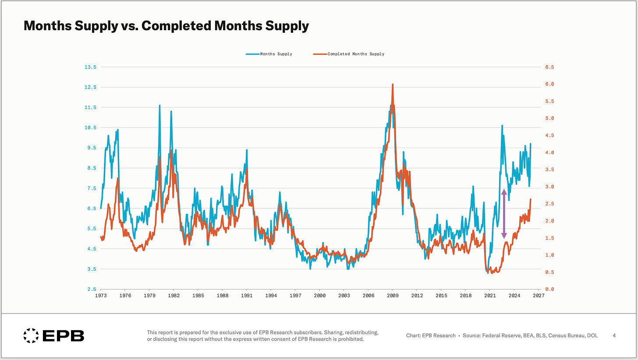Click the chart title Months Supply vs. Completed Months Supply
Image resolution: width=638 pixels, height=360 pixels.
[166, 26]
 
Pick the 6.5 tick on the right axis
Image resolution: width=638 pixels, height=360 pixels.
[549, 67]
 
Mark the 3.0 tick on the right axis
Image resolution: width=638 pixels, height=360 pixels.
[549, 187]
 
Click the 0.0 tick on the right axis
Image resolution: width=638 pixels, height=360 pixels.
[549, 289]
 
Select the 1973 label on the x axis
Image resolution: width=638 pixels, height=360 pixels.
[101, 296]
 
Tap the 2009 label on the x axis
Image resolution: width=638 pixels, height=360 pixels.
[393, 296]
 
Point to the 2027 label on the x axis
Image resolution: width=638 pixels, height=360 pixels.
[539, 296]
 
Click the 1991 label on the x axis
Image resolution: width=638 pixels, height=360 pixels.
[247, 296]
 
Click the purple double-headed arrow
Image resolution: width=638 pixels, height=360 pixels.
[504, 214]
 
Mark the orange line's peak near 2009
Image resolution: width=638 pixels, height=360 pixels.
[393, 85]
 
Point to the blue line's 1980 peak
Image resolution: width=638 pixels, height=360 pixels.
[159, 106]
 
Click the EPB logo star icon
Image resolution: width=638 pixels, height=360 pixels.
[30, 336]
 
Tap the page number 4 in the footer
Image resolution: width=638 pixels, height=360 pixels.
[614, 336]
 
